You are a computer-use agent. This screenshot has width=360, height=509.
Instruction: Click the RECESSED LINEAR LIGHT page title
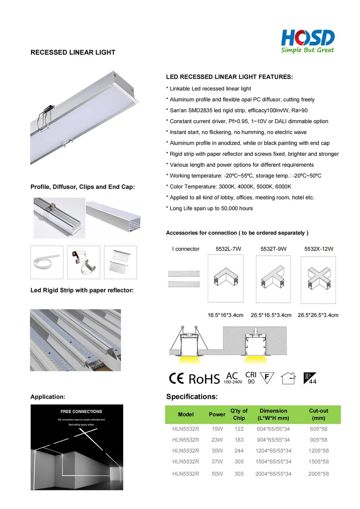tap(73, 52)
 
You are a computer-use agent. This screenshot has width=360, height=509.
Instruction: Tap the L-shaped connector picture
tap(226, 278)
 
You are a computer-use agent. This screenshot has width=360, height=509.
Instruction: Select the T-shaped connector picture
tap(273, 279)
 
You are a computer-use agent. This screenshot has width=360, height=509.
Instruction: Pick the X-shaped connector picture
tap(318, 280)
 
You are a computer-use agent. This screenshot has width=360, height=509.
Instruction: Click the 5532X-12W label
tap(319, 249)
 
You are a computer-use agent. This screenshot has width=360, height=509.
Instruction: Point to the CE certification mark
tap(176, 378)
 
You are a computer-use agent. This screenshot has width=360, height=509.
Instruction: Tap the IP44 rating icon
tap(310, 378)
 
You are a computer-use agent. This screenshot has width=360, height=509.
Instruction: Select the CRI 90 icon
tap(251, 378)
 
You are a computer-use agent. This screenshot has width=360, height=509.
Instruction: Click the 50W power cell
tap(217, 474)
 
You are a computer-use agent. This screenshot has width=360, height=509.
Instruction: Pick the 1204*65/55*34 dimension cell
tap(273, 451)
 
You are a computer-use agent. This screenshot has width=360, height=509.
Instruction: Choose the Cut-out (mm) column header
tap(318, 414)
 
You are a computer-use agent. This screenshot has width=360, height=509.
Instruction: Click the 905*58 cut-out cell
tap(318, 440)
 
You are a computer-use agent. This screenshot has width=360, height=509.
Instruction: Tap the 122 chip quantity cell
tap(239, 429)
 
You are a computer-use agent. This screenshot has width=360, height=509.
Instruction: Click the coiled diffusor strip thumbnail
tap(47, 262)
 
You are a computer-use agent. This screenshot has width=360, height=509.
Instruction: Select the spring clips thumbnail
tap(84, 262)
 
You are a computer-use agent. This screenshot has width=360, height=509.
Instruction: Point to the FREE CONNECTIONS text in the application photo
tap(81, 412)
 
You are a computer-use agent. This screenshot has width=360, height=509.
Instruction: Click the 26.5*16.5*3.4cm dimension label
tap(271, 315)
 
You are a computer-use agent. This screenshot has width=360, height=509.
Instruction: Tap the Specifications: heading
tap(192, 397)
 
